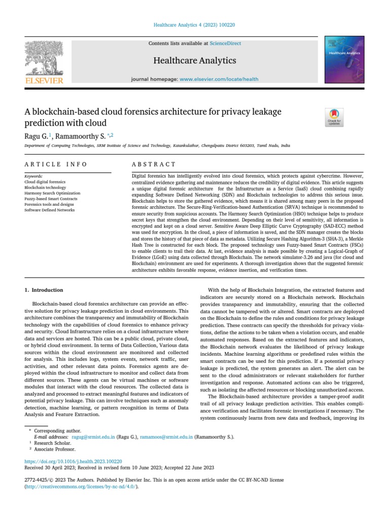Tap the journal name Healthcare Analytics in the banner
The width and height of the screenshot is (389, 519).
click(194, 61)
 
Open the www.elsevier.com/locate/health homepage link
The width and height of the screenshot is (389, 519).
click(219, 80)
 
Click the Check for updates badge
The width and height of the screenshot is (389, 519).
click(334, 117)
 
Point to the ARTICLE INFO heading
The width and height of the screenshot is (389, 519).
click(56, 164)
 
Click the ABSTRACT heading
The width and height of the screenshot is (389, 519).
click(153, 164)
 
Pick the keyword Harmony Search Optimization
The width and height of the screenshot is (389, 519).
click(52, 193)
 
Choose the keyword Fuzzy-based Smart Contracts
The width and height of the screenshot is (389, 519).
click(51, 199)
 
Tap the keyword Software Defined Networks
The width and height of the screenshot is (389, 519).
click(50, 210)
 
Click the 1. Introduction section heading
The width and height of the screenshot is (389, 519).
click(44, 290)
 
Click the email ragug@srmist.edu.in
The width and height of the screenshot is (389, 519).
click(93, 436)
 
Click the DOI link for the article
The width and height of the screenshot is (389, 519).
click(73, 461)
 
